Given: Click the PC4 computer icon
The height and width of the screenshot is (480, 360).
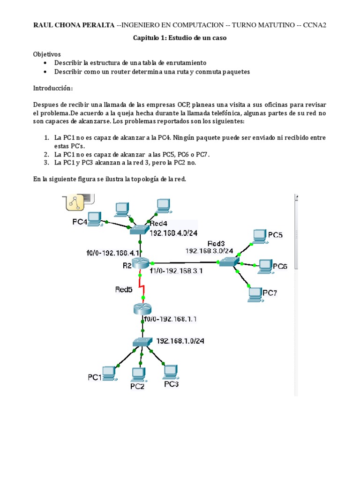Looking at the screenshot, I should pyautogui.click(x=95, y=217).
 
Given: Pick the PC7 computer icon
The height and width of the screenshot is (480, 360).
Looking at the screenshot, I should pyautogui.click(x=255, y=293).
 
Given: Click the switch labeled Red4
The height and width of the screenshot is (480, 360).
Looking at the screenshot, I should pyautogui.click(x=139, y=229).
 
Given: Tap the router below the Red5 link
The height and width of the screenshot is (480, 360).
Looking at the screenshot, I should pyautogui.click(x=143, y=309).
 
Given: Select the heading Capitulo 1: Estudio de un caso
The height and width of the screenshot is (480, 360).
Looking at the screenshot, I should pyautogui.click(x=180, y=38).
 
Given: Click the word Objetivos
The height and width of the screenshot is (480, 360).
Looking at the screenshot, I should pyautogui.click(x=47, y=54).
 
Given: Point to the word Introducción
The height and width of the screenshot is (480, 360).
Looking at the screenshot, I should pyautogui.click(x=53, y=88).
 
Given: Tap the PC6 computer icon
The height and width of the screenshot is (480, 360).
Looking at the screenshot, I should pyautogui.click(x=264, y=266).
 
